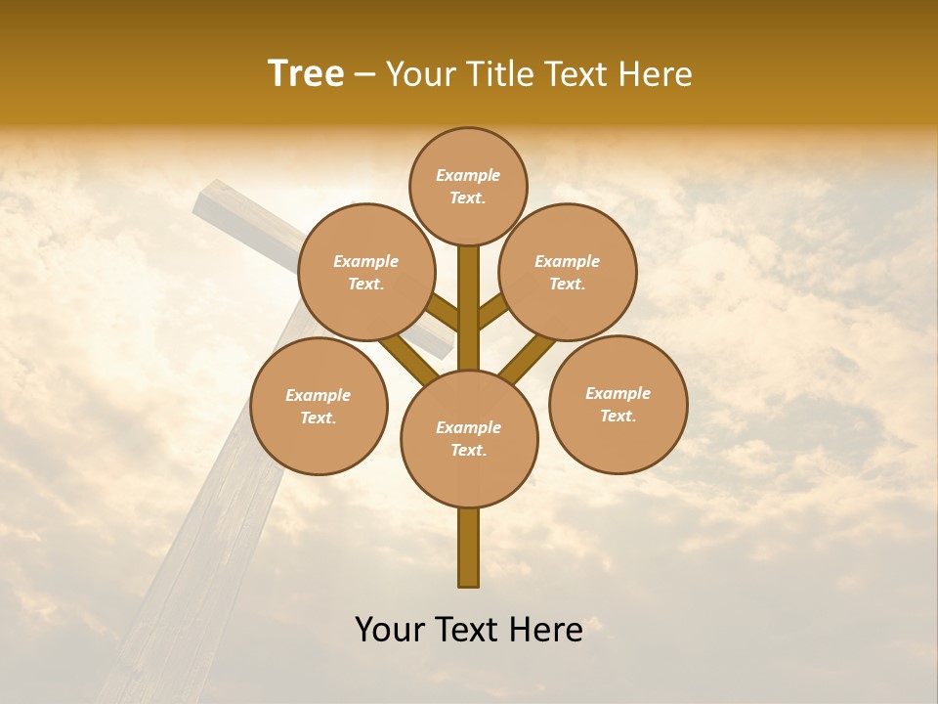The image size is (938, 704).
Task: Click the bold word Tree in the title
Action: pyautogui.click(x=306, y=74)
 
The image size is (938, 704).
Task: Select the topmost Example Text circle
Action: pyautogui.click(x=468, y=186)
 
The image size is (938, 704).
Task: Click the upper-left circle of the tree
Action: pyautogui.click(x=366, y=272)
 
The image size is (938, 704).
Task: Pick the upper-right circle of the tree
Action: pyautogui.click(x=568, y=272)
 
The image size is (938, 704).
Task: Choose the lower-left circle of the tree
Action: pyautogui.click(x=319, y=406)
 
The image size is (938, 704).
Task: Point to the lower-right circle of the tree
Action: pyautogui.click(x=618, y=404)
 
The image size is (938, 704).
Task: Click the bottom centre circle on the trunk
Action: pyautogui.click(x=469, y=438)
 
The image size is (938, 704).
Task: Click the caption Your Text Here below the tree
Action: pyautogui.click(x=469, y=630)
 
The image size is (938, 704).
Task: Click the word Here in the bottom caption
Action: pyautogui.click(x=547, y=630)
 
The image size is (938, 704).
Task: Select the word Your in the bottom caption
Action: pyautogui.click(x=390, y=630)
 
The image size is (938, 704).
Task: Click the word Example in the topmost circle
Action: pyautogui.click(x=468, y=176)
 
